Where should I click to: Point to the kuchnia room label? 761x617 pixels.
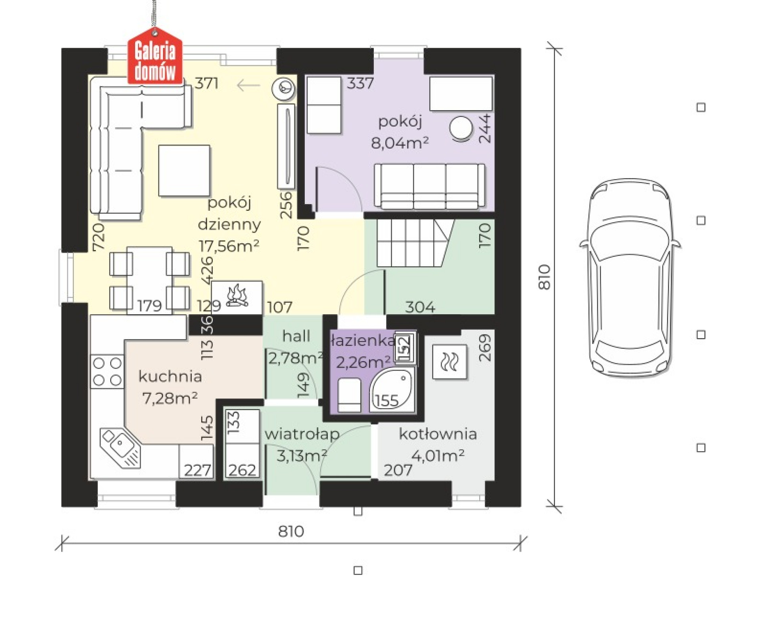pos(170,376)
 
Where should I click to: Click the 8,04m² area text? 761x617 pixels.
pos(400,142)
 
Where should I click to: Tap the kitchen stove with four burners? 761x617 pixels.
pos(107,371)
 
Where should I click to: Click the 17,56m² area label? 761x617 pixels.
pos(229,246)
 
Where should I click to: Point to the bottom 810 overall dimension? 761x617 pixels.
pos(291,531)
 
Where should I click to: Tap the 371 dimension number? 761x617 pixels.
pos(207,84)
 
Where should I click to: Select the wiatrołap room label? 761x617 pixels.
pos(302,434)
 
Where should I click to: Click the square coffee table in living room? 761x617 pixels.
pos(184,170)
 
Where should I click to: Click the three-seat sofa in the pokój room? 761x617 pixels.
pos(430,186)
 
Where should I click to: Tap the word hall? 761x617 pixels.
pos(296,336)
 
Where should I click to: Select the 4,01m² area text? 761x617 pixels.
pos(438,456)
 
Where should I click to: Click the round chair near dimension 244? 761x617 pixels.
pos(461,128)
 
